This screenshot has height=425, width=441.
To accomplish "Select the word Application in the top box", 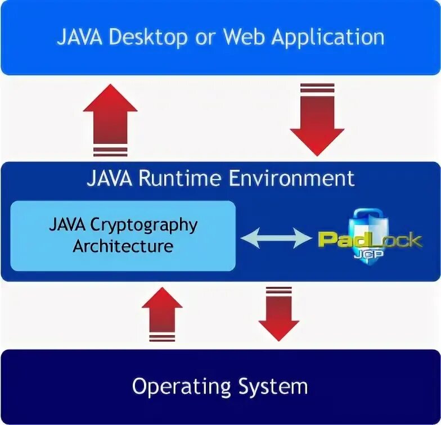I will coord(328,38).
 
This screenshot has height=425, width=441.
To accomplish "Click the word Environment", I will coord(291,178).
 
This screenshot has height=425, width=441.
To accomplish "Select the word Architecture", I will coord(123,246).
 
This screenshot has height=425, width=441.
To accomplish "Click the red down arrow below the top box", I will coord(317,119).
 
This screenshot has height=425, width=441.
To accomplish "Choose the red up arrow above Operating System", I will coord(162,314).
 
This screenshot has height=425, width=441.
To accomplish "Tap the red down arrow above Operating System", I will coord(278,314).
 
